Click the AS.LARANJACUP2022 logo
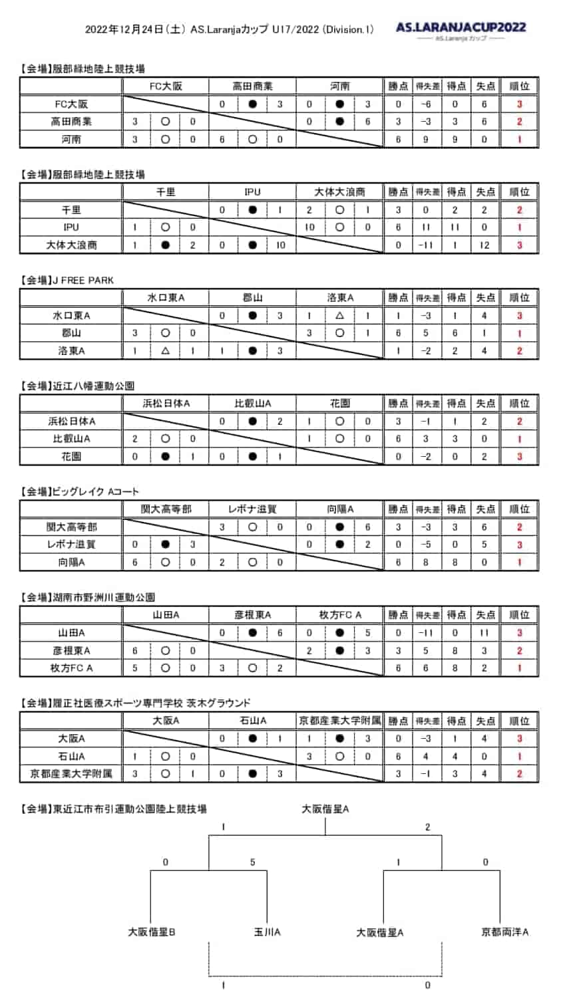click(461, 28)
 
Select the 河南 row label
click(71, 140)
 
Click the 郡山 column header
click(253, 298)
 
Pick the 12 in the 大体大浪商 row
click(484, 245)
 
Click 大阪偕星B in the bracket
click(152, 932)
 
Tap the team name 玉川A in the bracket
click(267, 932)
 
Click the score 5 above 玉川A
click(253, 862)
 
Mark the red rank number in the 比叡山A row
click(519, 439)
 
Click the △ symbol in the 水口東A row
click(339, 316)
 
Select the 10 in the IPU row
click(310, 227)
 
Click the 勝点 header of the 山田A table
click(398, 615)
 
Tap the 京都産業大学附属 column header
click(339, 721)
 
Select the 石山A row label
click(71, 756)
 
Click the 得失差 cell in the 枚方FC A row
click(427, 668)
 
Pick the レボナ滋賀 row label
click(71, 545)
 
